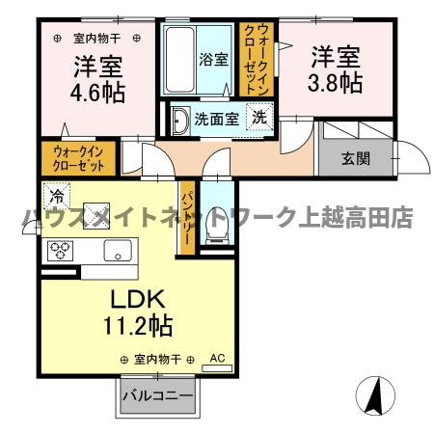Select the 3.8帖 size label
pyautogui.click(x=336, y=82)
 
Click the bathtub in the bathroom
pyautogui.click(x=182, y=59)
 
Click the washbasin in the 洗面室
pyautogui.click(x=179, y=122)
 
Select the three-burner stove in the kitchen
pyautogui.click(x=62, y=253)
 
